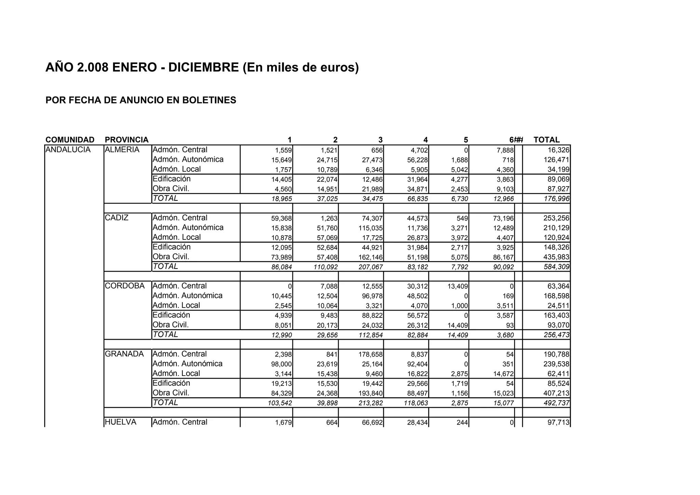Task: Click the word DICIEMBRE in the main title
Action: [203, 67]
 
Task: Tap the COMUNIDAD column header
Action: [70, 140]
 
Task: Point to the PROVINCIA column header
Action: [126, 140]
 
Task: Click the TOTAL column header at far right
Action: [546, 140]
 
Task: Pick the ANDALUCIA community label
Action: [68, 150]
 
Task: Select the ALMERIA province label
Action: [122, 150]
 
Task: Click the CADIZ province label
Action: [117, 218]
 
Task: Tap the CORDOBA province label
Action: [125, 286]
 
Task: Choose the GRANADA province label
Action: [124, 354]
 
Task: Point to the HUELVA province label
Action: [121, 422]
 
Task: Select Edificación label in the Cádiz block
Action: [172, 247]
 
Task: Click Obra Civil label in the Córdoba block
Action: [171, 325]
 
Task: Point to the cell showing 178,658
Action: [371, 354]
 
